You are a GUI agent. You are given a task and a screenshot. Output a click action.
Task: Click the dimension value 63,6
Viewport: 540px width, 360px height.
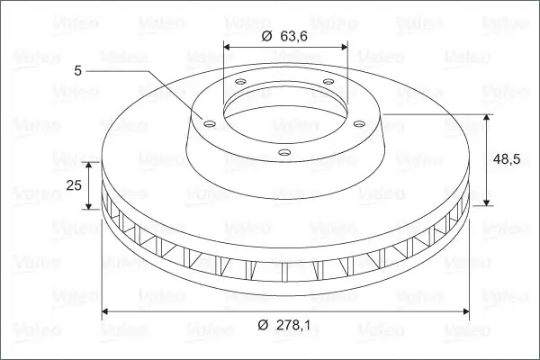pos(293,36)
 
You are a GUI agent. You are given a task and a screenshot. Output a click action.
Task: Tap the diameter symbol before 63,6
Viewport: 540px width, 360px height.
pos(267,36)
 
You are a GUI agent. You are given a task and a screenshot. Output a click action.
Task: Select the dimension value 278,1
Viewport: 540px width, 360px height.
pos(293,325)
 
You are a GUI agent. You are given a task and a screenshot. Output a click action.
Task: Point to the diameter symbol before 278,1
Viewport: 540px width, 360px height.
pos(263,325)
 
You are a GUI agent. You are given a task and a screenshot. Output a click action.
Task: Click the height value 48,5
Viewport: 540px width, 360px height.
pos(506,159)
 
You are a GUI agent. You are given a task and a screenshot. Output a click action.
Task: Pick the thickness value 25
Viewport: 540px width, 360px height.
pos(74,185)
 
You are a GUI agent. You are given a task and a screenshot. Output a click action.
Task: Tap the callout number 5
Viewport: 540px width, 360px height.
pos(78,71)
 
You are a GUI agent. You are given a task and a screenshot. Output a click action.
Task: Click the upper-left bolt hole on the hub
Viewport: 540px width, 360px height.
pos(240,82)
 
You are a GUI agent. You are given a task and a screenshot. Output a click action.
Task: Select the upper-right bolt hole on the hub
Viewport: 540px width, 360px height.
pos(328,82)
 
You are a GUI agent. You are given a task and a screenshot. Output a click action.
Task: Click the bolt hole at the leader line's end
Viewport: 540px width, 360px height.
pos(210,123)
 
